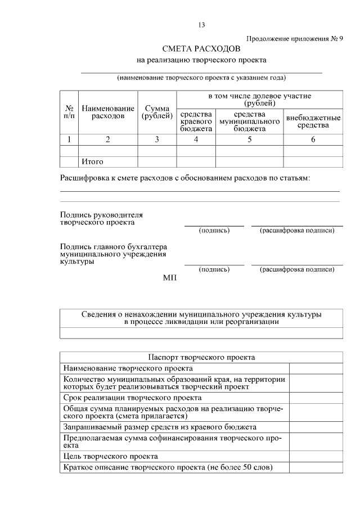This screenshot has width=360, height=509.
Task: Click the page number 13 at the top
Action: pyautogui.click(x=202, y=25)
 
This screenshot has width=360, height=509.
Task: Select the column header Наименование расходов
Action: pyautogui.click(x=108, y=112)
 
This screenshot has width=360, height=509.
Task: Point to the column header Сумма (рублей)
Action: pyautogui.click(x=157, y=112)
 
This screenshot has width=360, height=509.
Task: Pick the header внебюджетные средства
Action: pyautogui.click(x=313, y=121)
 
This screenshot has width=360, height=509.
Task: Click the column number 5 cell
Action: pyautogui.click(x=250, y=139)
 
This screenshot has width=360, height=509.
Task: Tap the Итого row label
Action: pyautogui.click(x=93, y=162)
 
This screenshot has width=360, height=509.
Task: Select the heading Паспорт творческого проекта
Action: pyautogui.click(x=201, y=357)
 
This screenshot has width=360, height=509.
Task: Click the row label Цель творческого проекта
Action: pyautogui.click(x=111, y=456)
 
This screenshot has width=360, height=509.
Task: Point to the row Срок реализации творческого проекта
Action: pyautogui.click(x=118, y=398)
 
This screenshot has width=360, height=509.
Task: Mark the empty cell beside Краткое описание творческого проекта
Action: pyautogui.click(x=316, y=468)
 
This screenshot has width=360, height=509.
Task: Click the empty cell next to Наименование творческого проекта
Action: pyautogui.click(x=316, y=368)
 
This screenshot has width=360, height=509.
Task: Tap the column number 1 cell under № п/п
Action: pyautogui.click(x=69, y=139)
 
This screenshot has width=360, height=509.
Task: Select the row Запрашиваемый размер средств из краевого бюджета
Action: pyautogui.click(x=160, y=427)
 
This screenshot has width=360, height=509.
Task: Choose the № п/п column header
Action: pyautogui.click(x=69, y=112)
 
